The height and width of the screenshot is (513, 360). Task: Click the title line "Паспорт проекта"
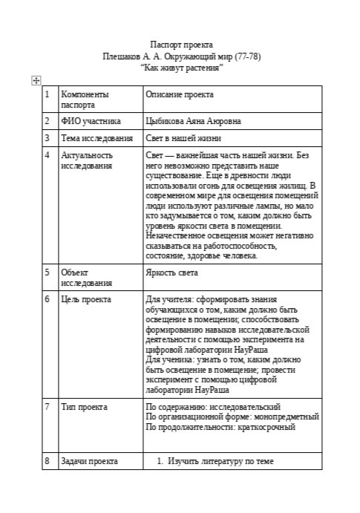point(181,45)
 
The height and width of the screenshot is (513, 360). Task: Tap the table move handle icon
point(36,81)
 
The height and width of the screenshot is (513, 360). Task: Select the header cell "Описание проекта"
point(179,95)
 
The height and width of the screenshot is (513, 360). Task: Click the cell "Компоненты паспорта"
point(84,100)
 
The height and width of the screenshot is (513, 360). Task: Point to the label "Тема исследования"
point(96,138)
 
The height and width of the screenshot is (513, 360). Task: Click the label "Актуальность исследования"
point(86,160)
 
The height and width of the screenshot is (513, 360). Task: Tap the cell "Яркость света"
point(172,272)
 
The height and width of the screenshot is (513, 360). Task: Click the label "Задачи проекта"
point(89,461)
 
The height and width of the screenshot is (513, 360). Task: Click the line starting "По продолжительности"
point(220,427)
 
